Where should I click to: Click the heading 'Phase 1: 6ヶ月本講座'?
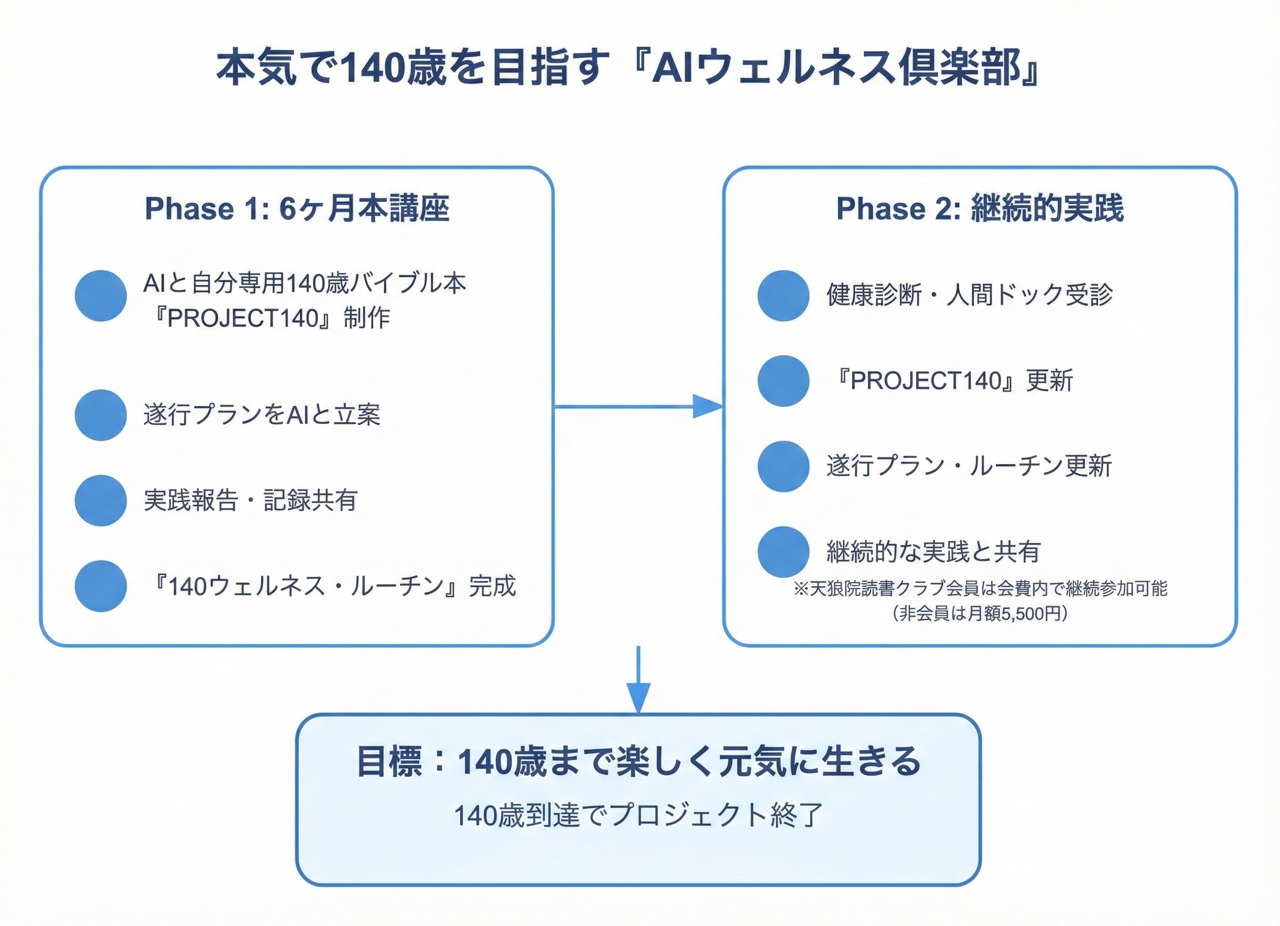pos(297,209)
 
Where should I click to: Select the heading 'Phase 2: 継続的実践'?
pos(980,209)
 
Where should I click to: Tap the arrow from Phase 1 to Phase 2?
pos(638,406)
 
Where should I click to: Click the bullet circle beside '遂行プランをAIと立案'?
pos(101,415)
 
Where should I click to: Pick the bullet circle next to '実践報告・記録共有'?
pos(101,500)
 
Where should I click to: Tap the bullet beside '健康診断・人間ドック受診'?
pos(783,296)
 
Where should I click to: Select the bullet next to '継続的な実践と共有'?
pos(783,552)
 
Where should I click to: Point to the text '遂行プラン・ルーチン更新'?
pos(968,466)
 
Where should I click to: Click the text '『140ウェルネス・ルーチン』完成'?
pos(332,586)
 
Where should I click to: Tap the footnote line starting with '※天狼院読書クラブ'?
pos(980,589)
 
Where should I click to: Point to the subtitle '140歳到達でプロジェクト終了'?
pos(638,815)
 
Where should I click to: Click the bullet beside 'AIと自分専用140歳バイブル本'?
pos(101,296)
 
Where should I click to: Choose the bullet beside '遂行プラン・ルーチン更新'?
pos(783,466)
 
